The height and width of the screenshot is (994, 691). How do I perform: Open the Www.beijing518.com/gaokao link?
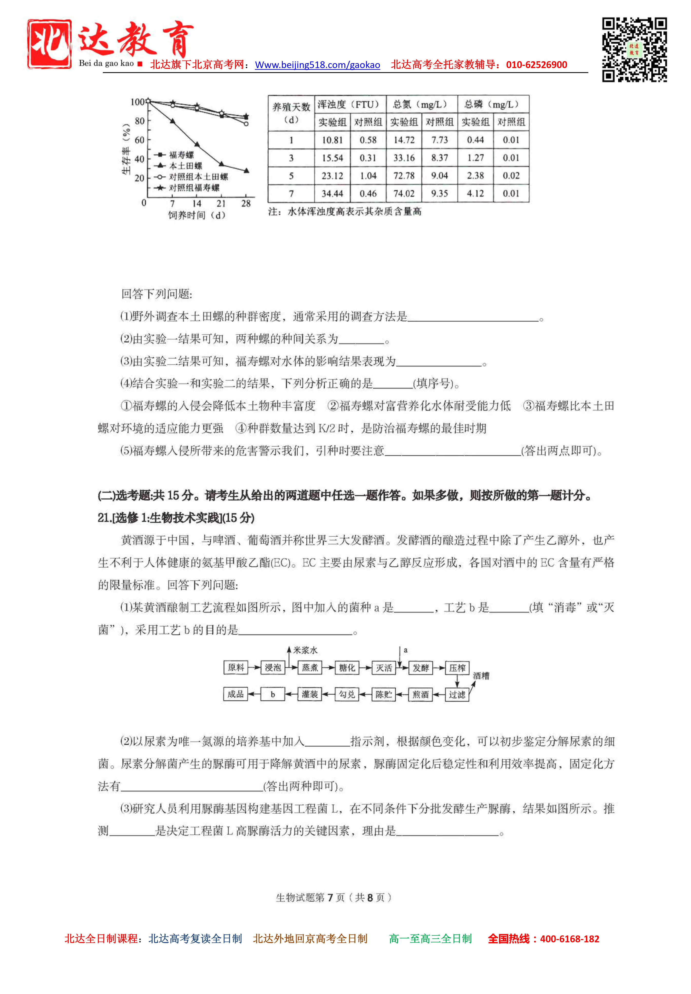point(317,65)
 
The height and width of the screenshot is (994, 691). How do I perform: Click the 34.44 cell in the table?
point(332,193)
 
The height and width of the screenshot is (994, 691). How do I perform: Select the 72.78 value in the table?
point(404,176)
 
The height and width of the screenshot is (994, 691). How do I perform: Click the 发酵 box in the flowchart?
point(420,668)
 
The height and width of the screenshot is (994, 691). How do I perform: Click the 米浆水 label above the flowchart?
point(305,650)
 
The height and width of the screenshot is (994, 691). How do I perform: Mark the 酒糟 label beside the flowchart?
point(481,676)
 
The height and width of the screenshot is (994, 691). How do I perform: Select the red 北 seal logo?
point(49,44)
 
